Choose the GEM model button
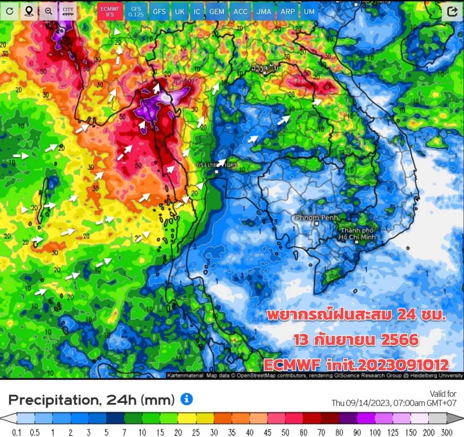pos(217,12)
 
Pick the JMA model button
pos(263,12)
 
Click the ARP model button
pos(287,12)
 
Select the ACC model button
pos(240,12)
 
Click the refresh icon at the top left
pos(9,12)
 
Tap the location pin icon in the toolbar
pos(29,12)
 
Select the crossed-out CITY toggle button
pos(68,12)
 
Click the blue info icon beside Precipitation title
pos(186,399)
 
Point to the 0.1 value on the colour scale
pos(17,432)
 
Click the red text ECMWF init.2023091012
pos(356,365)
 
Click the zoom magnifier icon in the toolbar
pos(49,12)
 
